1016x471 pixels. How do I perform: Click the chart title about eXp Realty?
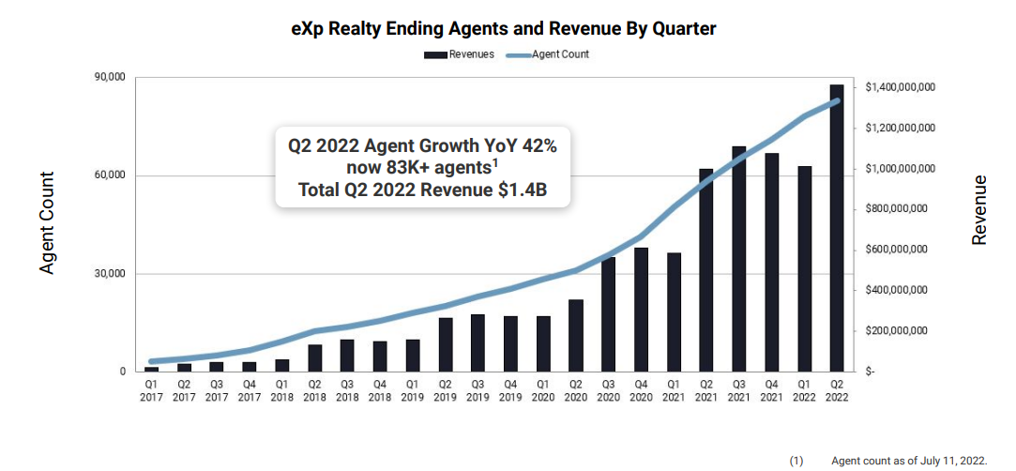click(504, 29)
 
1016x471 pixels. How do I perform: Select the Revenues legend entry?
click(459, 54)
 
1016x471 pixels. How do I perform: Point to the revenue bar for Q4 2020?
click(641, 310)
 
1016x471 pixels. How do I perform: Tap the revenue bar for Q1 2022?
click(804, 268)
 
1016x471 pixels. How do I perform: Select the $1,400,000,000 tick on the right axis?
click(899, 87)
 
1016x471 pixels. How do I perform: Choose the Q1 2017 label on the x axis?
click(152, 389)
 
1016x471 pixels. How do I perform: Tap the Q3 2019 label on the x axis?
click(478, 389)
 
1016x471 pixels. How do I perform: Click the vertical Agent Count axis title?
click(47, 223)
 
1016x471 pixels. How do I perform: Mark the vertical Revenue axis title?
click(979, 210)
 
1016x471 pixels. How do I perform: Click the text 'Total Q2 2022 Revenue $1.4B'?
click(422, 190)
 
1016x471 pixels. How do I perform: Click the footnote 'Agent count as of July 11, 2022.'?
click(908, 461)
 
